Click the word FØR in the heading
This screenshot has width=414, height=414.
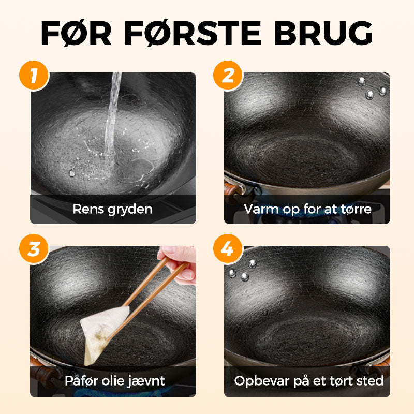(x=76, y=33)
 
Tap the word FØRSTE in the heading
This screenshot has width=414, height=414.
(x=193, y=33)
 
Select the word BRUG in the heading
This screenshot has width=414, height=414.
(x=323, y=33)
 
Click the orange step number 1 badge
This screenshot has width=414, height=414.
(x=34, y=76)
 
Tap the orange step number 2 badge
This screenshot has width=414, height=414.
(x=228, y=76)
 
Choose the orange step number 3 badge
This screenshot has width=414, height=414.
(x=34, y=249)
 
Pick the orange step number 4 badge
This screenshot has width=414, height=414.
(x=228, y=249)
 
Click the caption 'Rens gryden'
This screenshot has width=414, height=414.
(x=113, y=210)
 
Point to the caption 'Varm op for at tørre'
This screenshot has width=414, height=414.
(x=307, y=209)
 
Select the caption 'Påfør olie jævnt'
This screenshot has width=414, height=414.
(x=115, y=381)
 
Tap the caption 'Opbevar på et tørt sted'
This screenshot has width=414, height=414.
(x=309, y=381)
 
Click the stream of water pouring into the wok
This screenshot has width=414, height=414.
(x=112, y=116)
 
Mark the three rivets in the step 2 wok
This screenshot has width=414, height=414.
(x=372, y=89)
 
